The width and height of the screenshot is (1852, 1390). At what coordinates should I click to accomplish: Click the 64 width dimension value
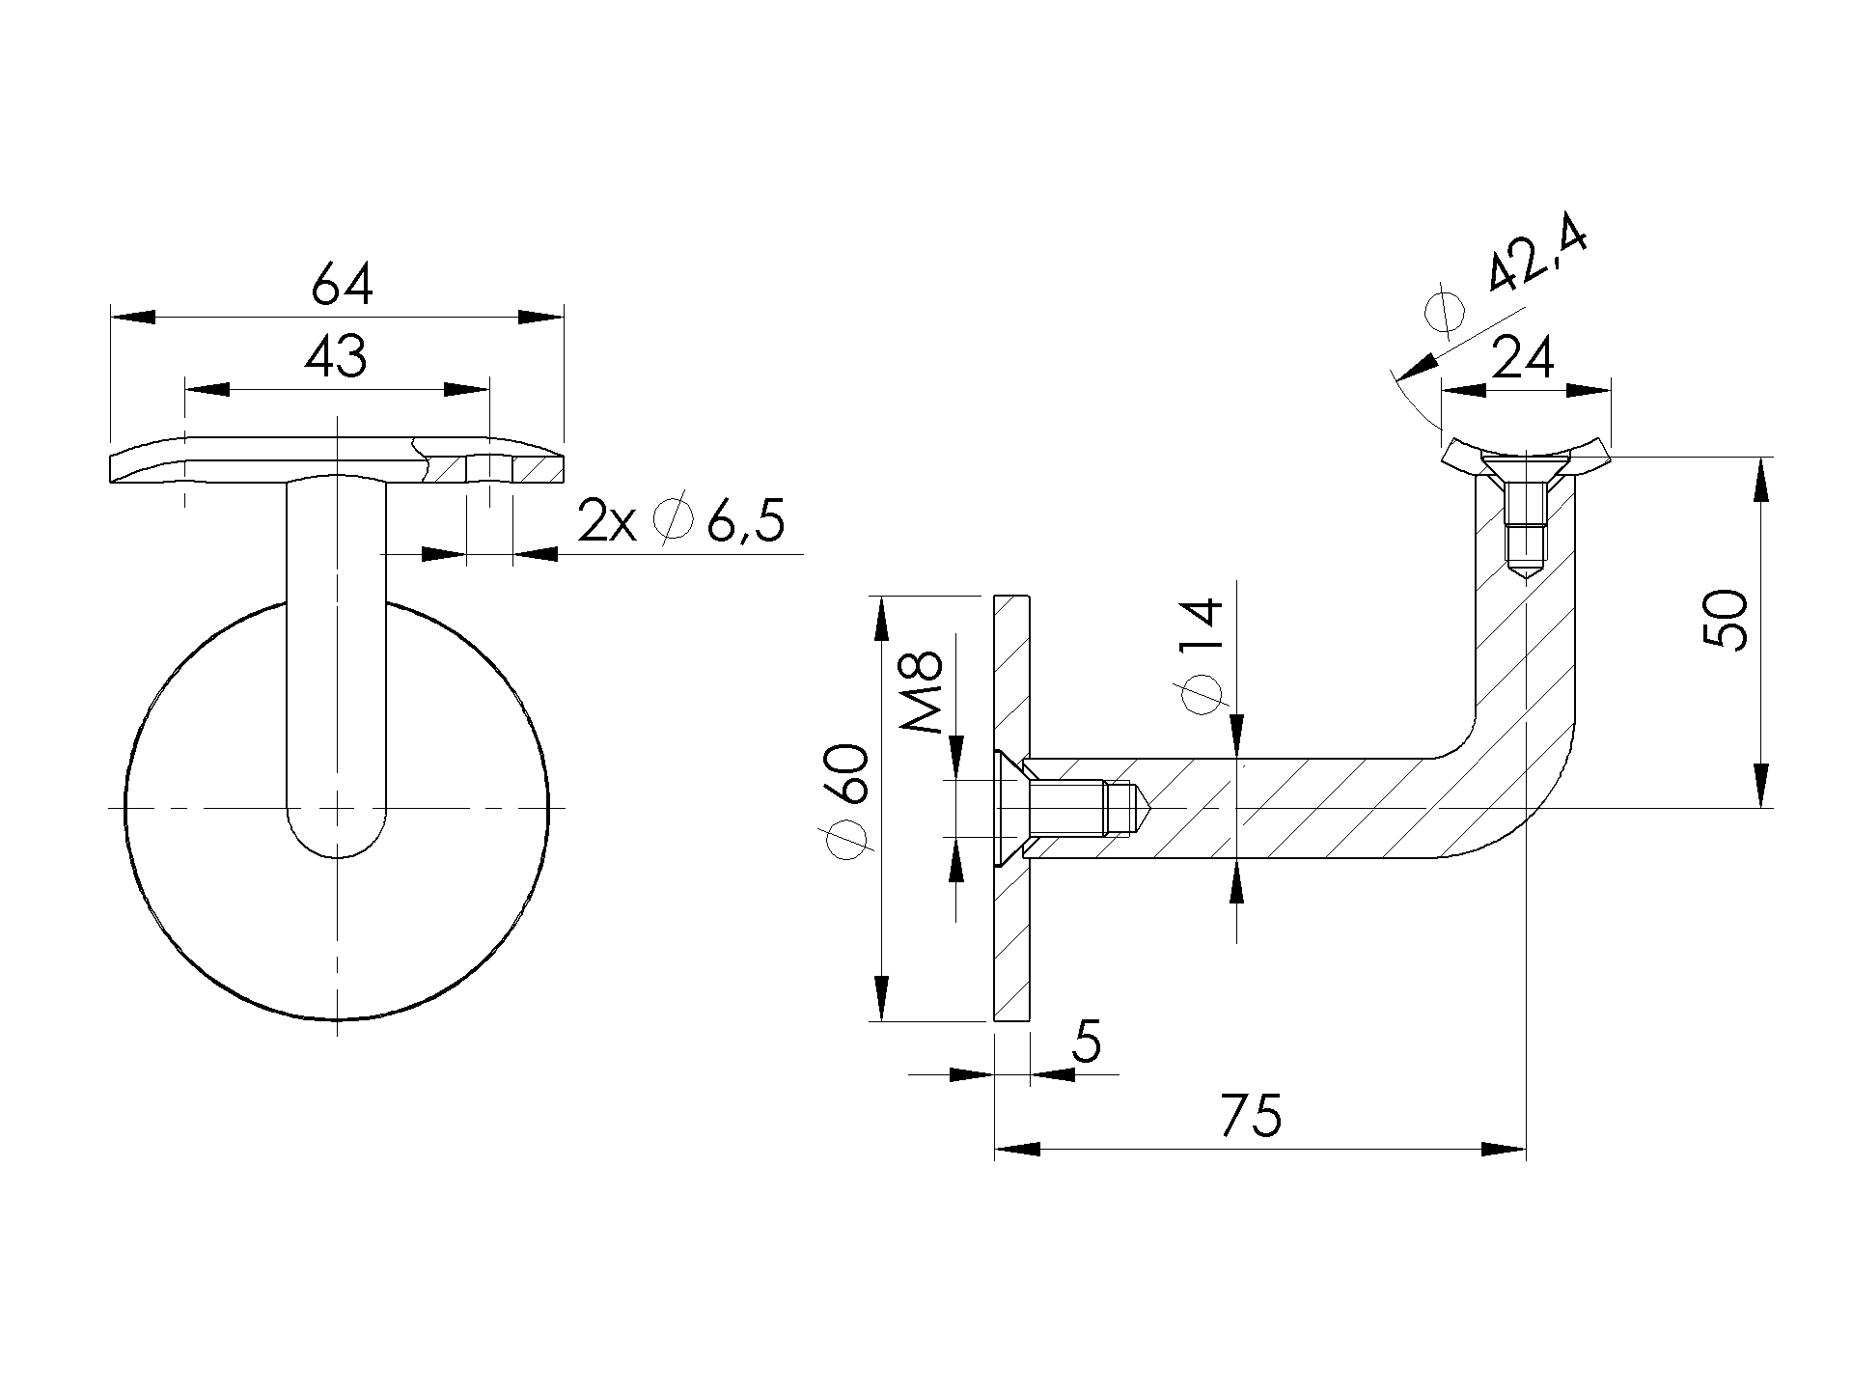[342, 287]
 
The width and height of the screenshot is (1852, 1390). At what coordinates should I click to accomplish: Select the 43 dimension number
[336, 357]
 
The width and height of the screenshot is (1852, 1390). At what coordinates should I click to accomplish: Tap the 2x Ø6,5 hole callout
[680, 522]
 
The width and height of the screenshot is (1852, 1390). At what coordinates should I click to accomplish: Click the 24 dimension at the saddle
[1523, 359]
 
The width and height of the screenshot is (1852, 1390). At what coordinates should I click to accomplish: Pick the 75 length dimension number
[1251, 1116]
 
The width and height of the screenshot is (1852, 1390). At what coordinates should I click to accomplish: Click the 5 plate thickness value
[1086, 1042]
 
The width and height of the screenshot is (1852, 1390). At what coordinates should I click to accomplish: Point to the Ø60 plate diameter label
[849, 800]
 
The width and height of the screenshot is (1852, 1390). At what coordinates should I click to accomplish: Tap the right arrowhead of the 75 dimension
[1505, 1150]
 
